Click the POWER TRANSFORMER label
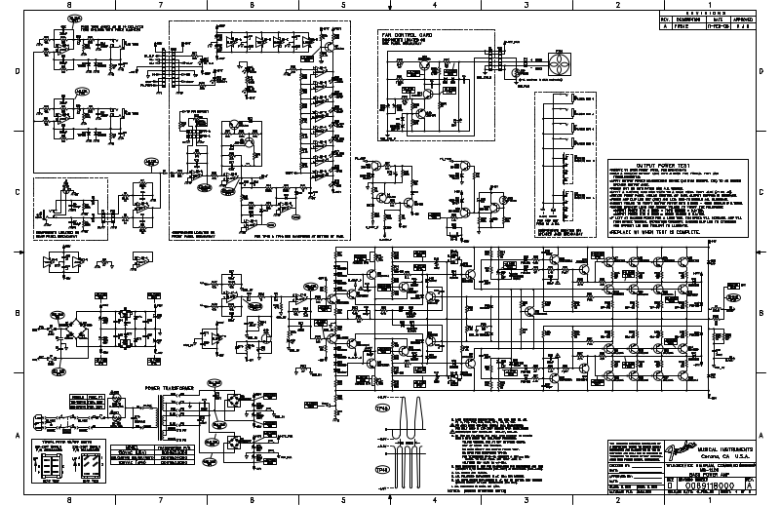[x=170, y=388]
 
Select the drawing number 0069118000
[x=687, y=482]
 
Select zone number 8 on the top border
[x=68, y=5]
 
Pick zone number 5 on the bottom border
[x=343, y=499]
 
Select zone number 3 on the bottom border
[x=526, y=499]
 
